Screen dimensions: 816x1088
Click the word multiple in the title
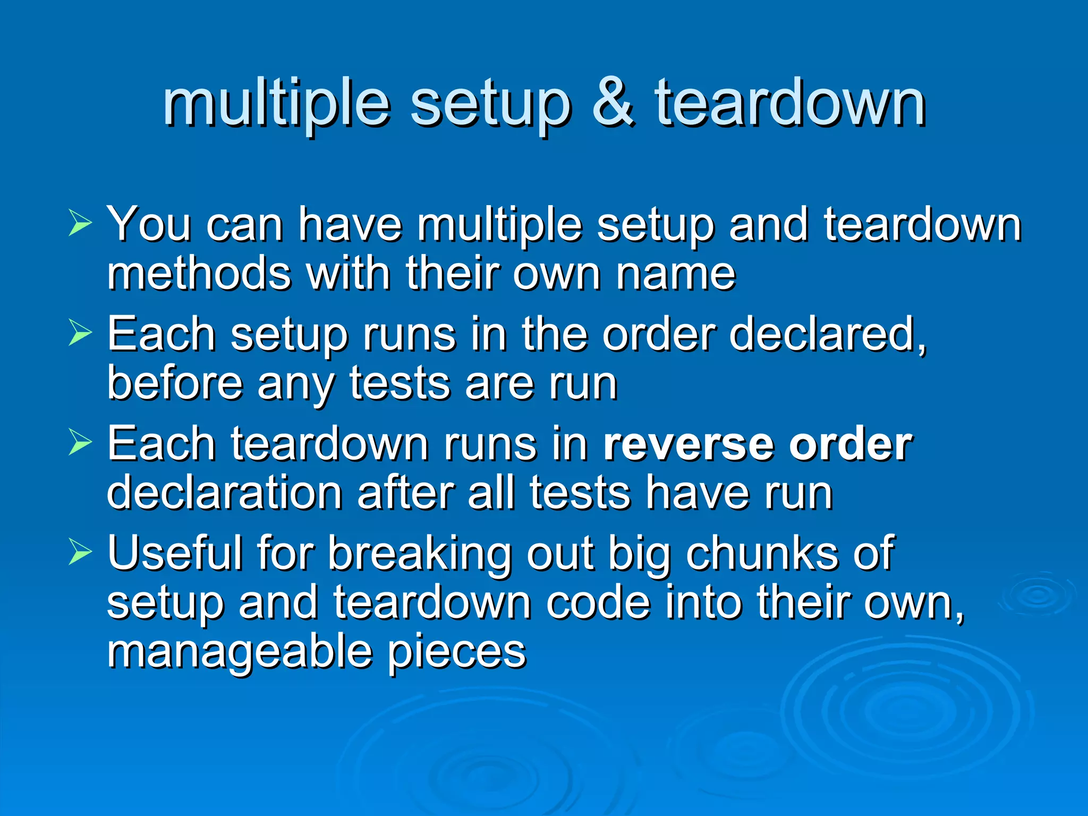tap(276, 104)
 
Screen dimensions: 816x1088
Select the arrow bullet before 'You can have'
tap(80, 223)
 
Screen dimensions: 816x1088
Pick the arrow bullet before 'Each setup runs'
tap(80, 333)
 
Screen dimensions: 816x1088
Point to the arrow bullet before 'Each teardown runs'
tap(80, 443)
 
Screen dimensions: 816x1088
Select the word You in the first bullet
tap(149, 224)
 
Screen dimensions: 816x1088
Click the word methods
tap(199, 274)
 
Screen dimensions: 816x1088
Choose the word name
tap(676, 274)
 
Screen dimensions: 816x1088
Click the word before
tap(175, 383)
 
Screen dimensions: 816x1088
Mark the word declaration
tap(224, 493)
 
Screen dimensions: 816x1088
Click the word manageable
tap(239, 652)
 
